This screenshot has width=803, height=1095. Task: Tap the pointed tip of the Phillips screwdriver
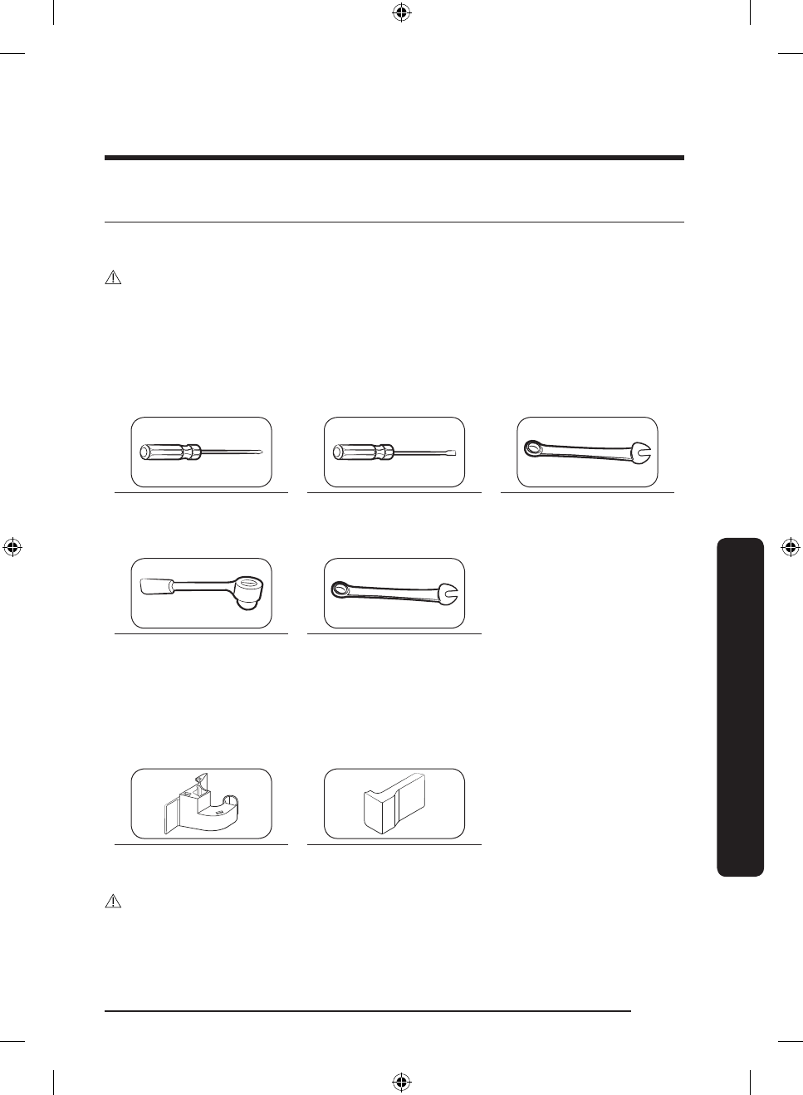262,452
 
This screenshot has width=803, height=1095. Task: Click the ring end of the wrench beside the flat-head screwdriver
532,449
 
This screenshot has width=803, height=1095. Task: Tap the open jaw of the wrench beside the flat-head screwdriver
642,455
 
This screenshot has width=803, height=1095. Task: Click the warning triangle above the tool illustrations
113,279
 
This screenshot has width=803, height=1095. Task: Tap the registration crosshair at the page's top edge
401,12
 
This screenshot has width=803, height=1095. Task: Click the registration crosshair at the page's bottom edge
401,1082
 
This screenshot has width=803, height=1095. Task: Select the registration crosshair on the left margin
12,547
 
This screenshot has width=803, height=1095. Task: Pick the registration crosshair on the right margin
791,547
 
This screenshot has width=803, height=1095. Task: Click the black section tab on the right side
738,706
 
